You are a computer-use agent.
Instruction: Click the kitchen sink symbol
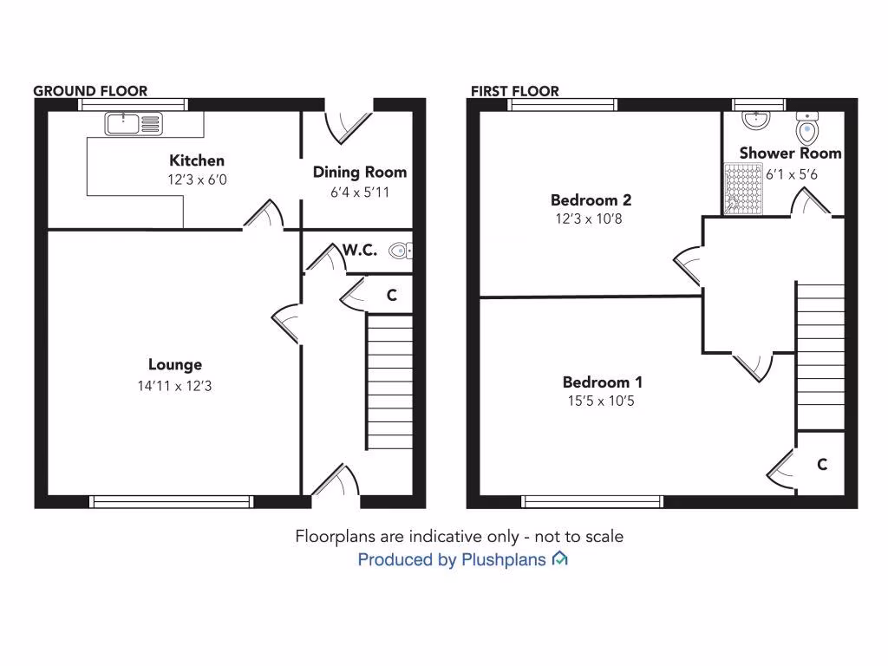(134, 124)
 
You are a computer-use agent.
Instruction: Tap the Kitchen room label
(197, 160)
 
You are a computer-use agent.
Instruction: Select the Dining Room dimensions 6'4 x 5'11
(360, 192)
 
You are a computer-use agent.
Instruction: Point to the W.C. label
(359, 251)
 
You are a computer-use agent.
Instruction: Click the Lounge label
(174, 365)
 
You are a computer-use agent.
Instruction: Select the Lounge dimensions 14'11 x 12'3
(174, 386)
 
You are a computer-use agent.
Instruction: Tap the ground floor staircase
(389, 382)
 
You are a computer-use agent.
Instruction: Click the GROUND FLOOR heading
(90, 91)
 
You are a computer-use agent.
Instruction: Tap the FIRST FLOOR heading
(515, 91)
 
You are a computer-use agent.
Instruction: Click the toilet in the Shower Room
(808, 130)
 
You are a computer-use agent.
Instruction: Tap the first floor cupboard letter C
(821, 465)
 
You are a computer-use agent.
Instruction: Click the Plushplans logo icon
(560, 559)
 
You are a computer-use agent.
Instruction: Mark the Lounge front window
(172, 501)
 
